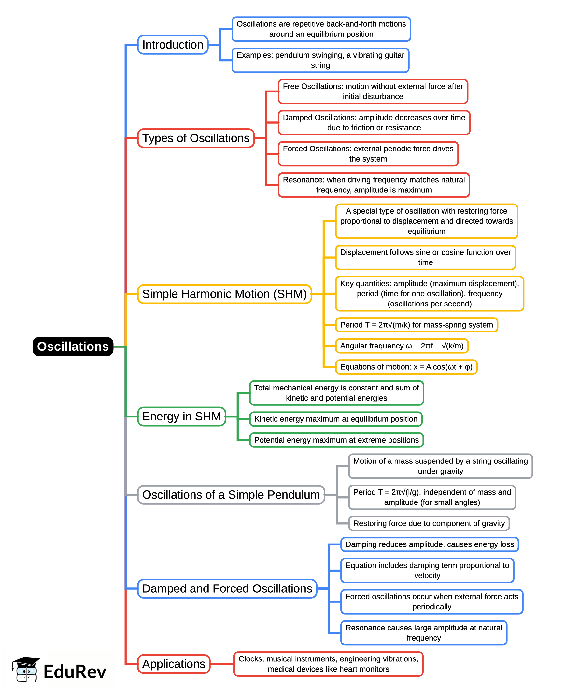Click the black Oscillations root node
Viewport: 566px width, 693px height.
(73, 346)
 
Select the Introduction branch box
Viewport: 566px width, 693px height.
(173, 45)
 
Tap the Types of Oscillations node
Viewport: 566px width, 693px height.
(196, 138)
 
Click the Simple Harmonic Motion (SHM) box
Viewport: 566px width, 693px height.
(224, 294)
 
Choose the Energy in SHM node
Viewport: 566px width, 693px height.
(181, 417)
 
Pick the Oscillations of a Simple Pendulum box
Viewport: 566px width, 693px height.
(231, 495)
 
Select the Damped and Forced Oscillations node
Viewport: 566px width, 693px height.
(227, 589)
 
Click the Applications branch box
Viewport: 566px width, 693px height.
(174, 664)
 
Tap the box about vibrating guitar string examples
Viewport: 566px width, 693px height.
(320, 60)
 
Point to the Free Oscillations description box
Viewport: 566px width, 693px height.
(373, 91)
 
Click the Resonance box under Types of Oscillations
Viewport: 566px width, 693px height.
(374, 185)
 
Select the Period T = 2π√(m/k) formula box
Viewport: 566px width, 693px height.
(416, 325)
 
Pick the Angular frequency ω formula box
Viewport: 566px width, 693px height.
(402, 346)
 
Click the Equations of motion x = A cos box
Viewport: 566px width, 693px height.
(406, 367)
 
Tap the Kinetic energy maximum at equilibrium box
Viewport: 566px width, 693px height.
(335, 419)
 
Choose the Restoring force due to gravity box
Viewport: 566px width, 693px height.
(429, 524)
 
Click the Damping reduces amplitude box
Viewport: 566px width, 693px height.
(430, 544)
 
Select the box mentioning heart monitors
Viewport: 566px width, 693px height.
(328, 664)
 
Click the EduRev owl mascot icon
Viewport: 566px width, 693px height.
(26, 669)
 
